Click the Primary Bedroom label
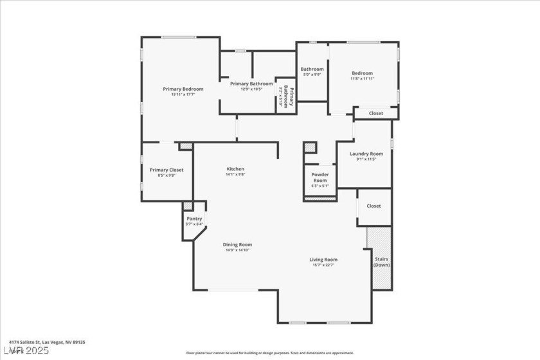point(183,89)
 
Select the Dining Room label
point(237,244)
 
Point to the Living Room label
point(324,260)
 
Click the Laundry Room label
point(366,154)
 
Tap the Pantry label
point(194,219)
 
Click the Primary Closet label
point(166,170)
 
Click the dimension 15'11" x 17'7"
point(183,94)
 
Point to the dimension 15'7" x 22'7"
point(324,265)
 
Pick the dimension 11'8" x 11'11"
point(362,78)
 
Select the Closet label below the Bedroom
point(375,113)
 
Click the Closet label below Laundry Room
point(373,206)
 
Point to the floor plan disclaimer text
point(269,352)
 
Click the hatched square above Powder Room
point(310,147)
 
